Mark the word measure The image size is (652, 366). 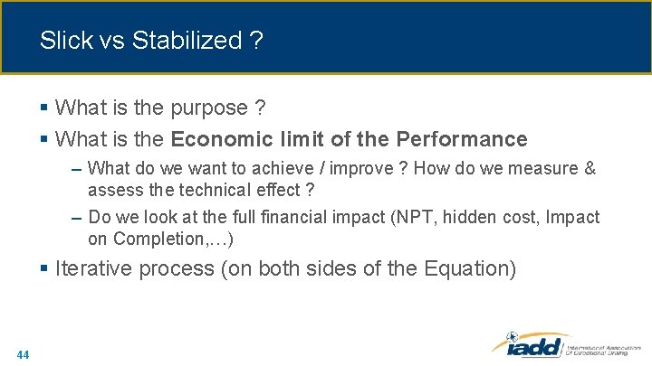(540, 169)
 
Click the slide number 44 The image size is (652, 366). (23, 354)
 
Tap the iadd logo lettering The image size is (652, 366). (526, 346)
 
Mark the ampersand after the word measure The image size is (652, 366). (590, 169)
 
